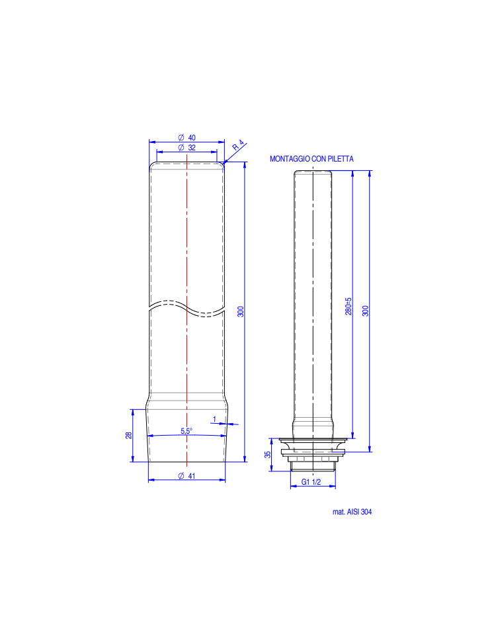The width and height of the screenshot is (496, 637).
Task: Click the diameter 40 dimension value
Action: [186, 138]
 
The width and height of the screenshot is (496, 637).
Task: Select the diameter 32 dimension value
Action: [186, 148]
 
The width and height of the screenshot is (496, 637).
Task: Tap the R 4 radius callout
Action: [238, 146]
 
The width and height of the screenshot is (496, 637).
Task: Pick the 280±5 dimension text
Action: [349, 306]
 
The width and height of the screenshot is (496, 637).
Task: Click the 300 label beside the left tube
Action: [241, 312]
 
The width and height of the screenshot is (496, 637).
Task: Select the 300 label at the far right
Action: [365, 311]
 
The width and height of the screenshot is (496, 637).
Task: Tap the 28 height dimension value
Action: [129, 435]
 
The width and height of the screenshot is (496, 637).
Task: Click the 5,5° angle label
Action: [186, 431]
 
